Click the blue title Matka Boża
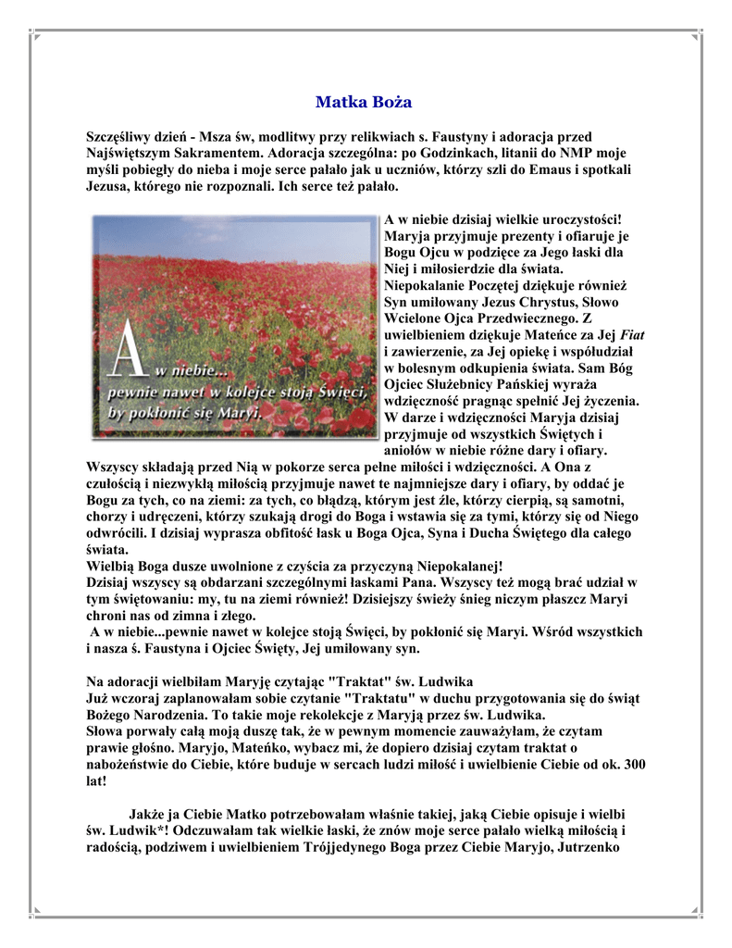(x=364, y=102)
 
